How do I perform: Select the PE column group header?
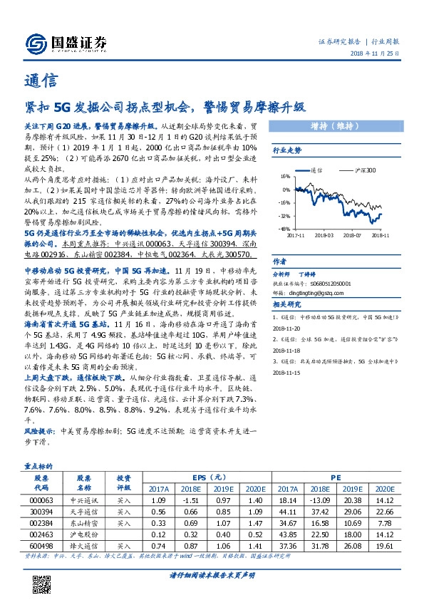point(334,477)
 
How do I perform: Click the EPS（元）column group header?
point(205,477)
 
